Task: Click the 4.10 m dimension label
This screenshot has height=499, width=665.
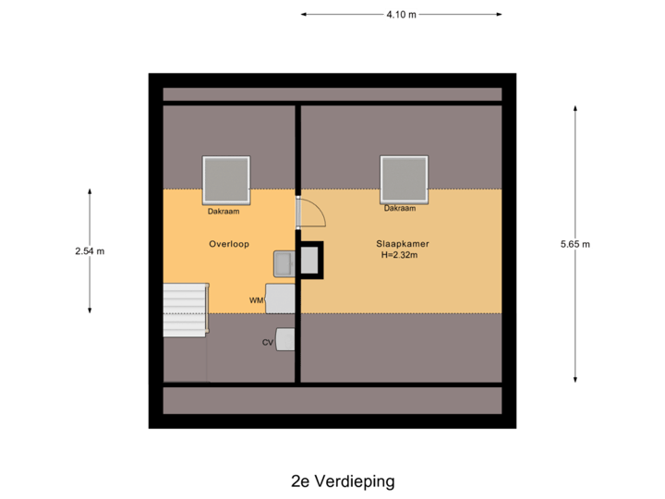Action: click(401, 14)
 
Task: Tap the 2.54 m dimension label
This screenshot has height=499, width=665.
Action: click(90, 250)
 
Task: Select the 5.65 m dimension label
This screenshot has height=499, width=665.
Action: click(574, 244)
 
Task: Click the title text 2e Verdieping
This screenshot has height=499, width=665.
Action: click(342, 481)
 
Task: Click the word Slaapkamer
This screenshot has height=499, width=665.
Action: click(401, 244)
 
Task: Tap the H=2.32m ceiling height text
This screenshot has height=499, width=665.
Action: click(401, 255)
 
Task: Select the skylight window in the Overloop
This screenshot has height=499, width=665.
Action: click(226, 179)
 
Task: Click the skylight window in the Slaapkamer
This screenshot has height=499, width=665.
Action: click(404, 179)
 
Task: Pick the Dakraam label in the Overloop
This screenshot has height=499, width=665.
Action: click(224, 212)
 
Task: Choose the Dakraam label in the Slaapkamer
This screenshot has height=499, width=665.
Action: click(400, 209)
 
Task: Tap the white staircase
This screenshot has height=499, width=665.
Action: click(184, 310)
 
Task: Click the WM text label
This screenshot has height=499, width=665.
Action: click(256, 300)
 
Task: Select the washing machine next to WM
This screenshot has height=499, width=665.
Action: click(280, 298)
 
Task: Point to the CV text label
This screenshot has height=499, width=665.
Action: click(267, 342)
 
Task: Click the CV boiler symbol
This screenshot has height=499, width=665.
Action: click(286, 340)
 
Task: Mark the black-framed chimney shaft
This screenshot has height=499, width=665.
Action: click(310, 260)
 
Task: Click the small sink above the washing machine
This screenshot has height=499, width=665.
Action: click(283, 263)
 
